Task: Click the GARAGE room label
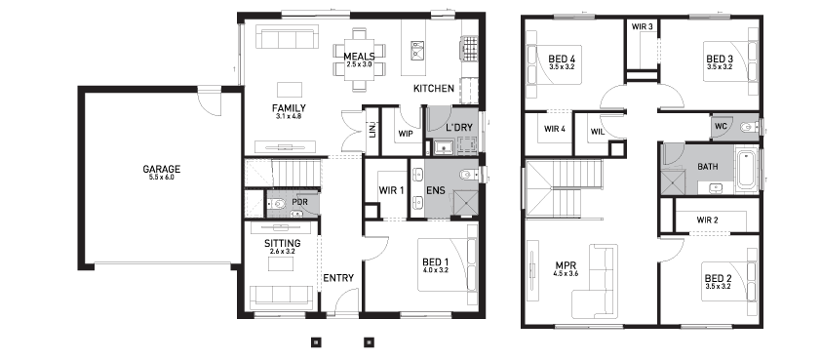(x=161, y=169)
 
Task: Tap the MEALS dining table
(x=359, y=59)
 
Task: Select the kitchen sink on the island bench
(x=417, y=50)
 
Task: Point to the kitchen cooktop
(x=469, y=47)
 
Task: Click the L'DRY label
(x=459, y=127)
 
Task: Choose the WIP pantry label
(x=406, y=134)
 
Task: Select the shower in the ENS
(x=464, y=203)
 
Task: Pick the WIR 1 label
(x=391, y=191)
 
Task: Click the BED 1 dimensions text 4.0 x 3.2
(x=435, y=271)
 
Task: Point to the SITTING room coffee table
(x=282, y=263)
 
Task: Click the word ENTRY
(x=338, y=278)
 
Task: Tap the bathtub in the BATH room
(x=746, y=169)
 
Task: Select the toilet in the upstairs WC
(x=749, y=126)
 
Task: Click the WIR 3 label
(x=642, y=26)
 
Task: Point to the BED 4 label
(x=562, y=59)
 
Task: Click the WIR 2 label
(x=707, y=220)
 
